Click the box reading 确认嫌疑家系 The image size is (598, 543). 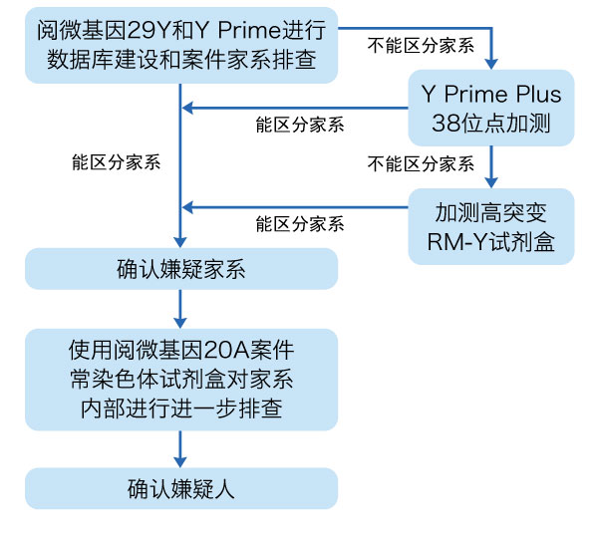coord(180,269)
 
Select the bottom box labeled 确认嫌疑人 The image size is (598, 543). coord(180,488)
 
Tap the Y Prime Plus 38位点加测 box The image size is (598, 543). coord(491,110)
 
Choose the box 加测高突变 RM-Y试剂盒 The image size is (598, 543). coord(491,226)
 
